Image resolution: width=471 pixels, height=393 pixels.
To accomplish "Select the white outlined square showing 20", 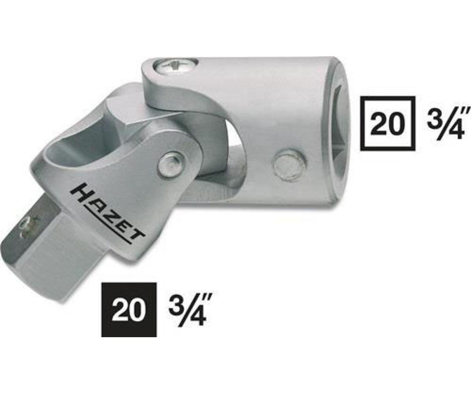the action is (387, 123).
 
